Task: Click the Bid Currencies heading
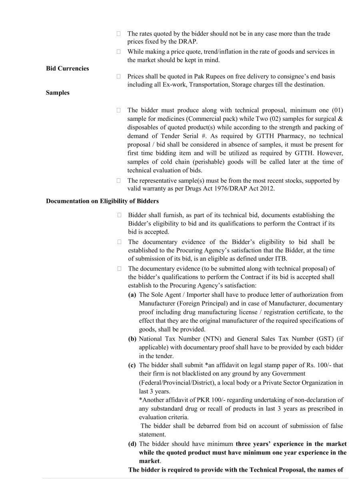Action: (x=67, y=68)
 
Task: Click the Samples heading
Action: (x=58, y=93)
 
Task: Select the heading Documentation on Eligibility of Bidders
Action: (x=102, y=201)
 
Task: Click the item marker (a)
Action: (x=132, y=294)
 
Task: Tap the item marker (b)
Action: (x=132, y=339)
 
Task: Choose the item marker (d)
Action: (x=132, y=444)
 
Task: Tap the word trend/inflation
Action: (x=218, y=52)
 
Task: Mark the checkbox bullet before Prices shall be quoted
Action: (x=118, y=76)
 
